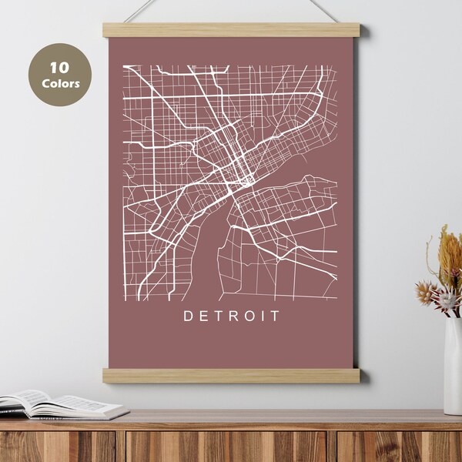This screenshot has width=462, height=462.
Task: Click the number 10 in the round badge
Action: point(59,67)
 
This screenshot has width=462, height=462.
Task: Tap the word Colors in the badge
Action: point(59,83)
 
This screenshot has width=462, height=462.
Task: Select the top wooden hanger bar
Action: point(231,30)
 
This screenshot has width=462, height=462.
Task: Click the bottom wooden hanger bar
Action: point(231,375)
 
